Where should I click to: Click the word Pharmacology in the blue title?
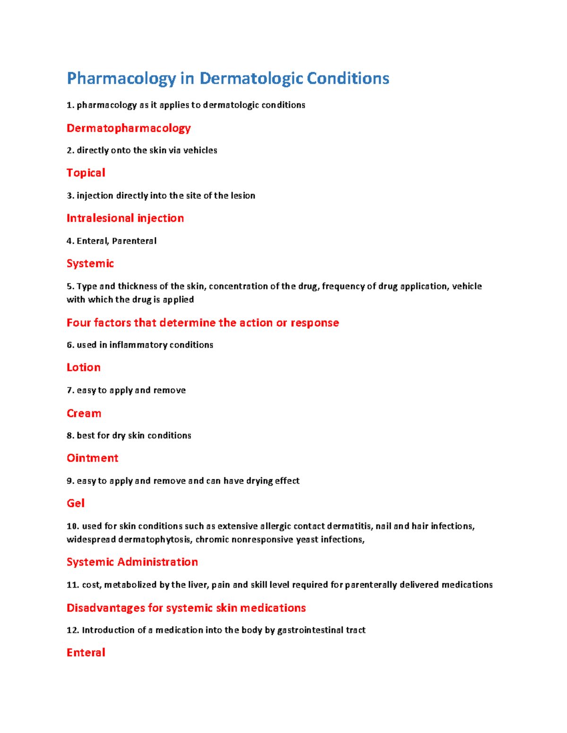coord(121,79)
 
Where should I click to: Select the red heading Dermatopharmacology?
coord(129,128)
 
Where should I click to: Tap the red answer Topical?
coord(86,173)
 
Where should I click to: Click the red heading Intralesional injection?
coord(125,218)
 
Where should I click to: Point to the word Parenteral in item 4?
coord(134,241)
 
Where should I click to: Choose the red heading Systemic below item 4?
coord(90,263)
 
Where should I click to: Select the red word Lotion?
coord(84,367)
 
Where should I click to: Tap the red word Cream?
coord(84,413)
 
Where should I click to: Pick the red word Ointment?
coord(93,458)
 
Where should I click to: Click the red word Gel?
coord(76,503)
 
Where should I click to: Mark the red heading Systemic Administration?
coord(132,562)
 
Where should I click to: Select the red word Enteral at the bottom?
coord(86,652)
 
